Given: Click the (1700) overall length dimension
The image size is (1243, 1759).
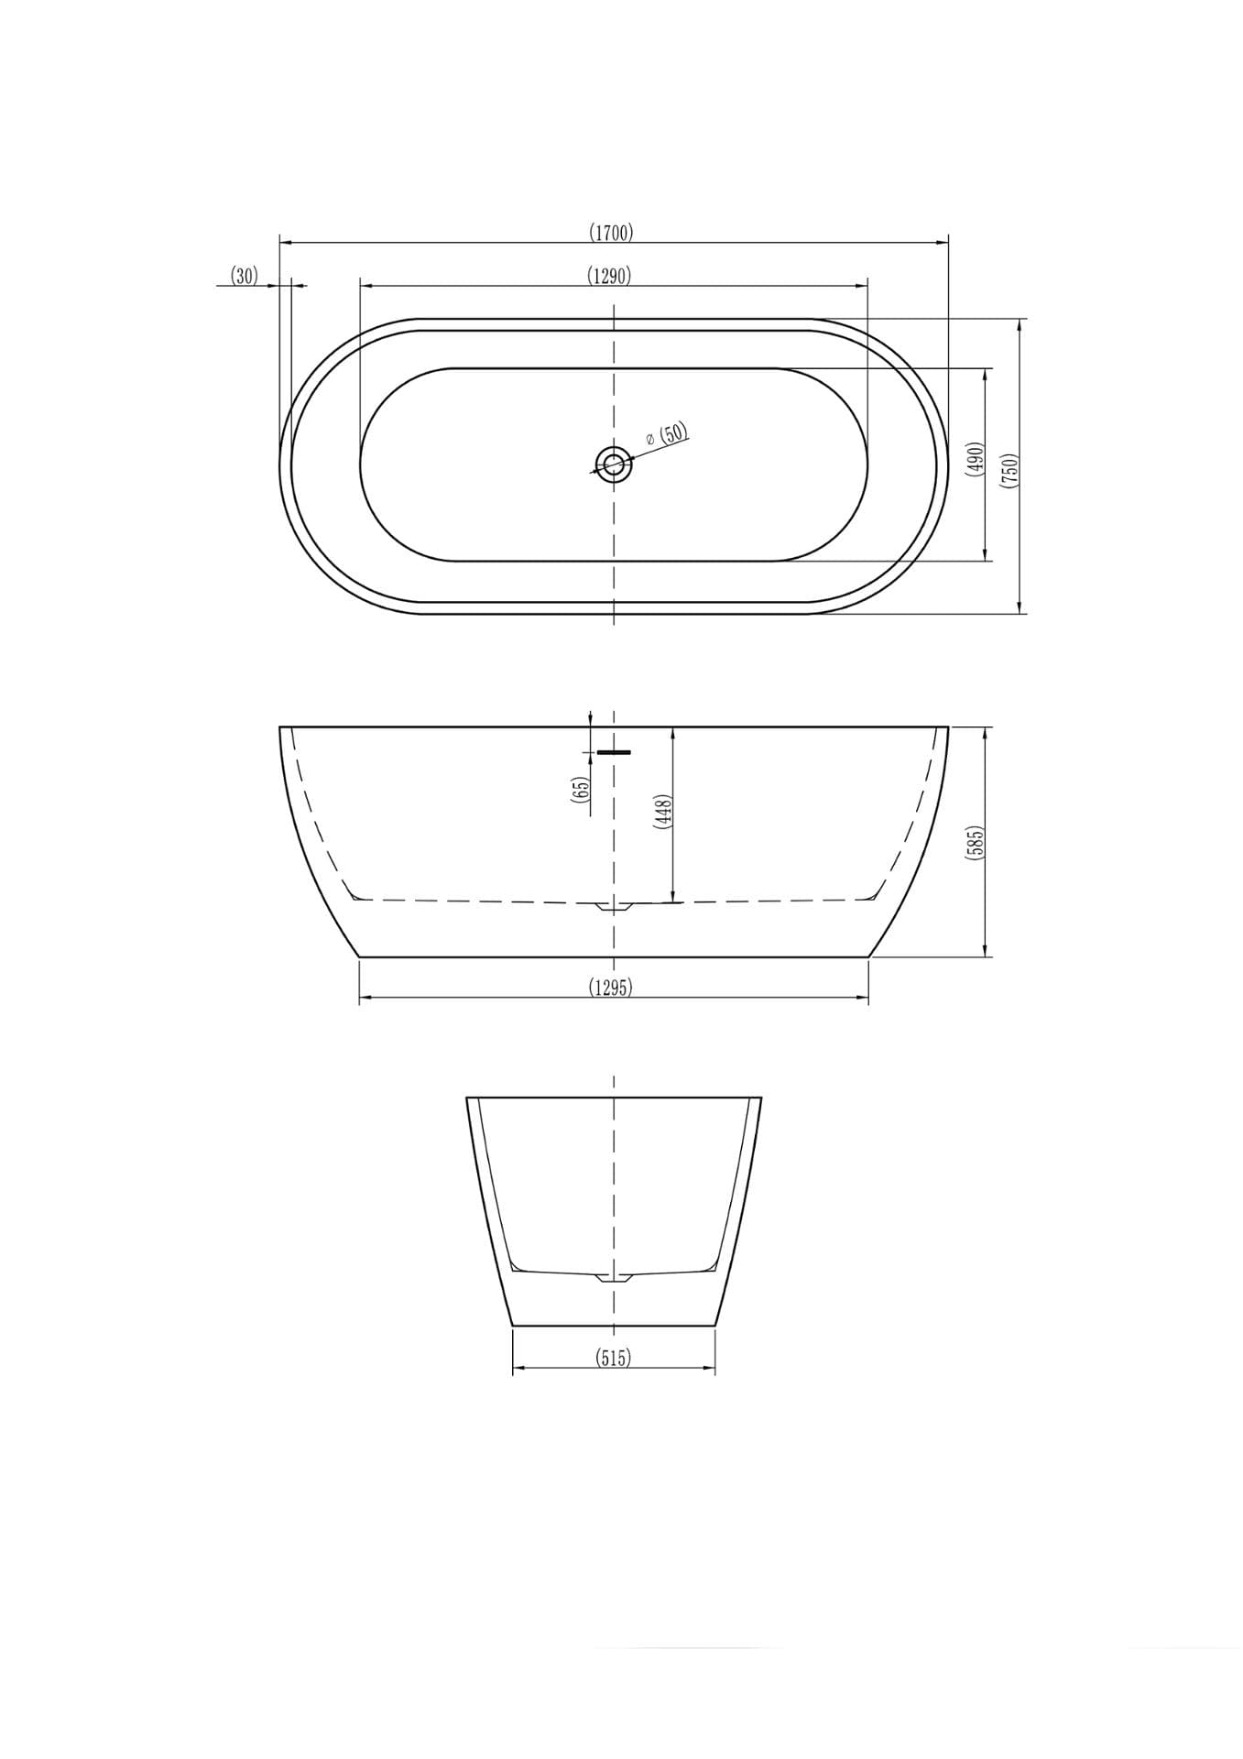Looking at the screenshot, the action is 611,233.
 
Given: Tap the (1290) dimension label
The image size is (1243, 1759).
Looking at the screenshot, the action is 609,276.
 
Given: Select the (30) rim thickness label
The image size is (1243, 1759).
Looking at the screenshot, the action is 245,276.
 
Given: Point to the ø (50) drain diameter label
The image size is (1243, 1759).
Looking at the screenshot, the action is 667,434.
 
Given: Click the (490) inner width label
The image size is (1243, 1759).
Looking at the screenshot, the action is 975,458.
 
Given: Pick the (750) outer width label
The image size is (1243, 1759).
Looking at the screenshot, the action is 1009,469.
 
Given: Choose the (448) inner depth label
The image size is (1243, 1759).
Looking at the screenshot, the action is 663,812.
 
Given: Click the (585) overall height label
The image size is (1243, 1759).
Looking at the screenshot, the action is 975,843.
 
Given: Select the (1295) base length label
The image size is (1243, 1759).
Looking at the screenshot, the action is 610,987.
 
